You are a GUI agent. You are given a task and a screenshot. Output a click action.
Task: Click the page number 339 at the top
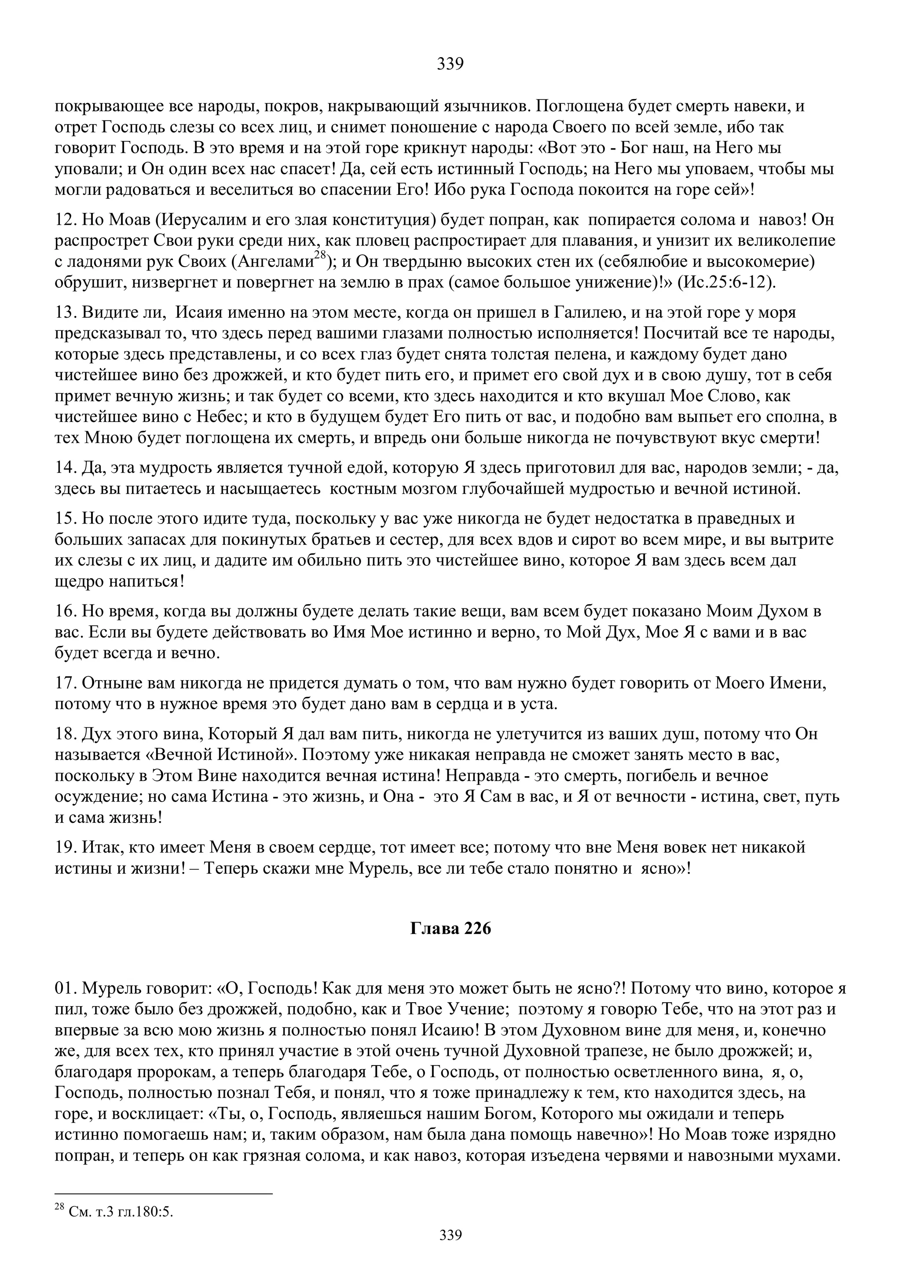coord(450,64)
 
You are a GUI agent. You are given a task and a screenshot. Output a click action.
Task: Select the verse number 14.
coord(66,469)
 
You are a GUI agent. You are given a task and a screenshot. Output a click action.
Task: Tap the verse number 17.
coord(66,684)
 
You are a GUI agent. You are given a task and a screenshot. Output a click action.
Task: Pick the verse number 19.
coord(66,847)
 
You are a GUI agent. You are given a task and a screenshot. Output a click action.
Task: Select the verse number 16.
coord(66,612)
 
